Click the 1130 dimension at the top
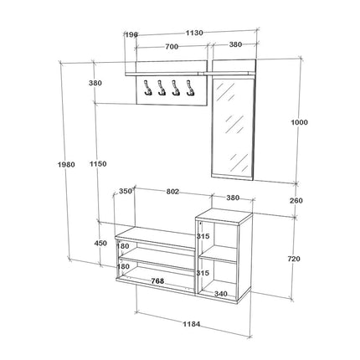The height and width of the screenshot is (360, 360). point(194,33)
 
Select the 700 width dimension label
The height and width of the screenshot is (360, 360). point(172,47)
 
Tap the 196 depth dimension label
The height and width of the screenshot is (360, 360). point(131,34)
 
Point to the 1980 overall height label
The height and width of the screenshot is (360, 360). point(66,164)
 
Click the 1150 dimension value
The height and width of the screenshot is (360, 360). point(98,163)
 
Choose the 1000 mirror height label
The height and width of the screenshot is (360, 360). point(299,122)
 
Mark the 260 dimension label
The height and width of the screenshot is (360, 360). point(296,200)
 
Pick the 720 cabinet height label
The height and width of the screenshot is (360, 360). point(294,259)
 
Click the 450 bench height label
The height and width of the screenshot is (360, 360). point(100,243)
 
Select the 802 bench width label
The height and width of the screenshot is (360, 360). point(172,192)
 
